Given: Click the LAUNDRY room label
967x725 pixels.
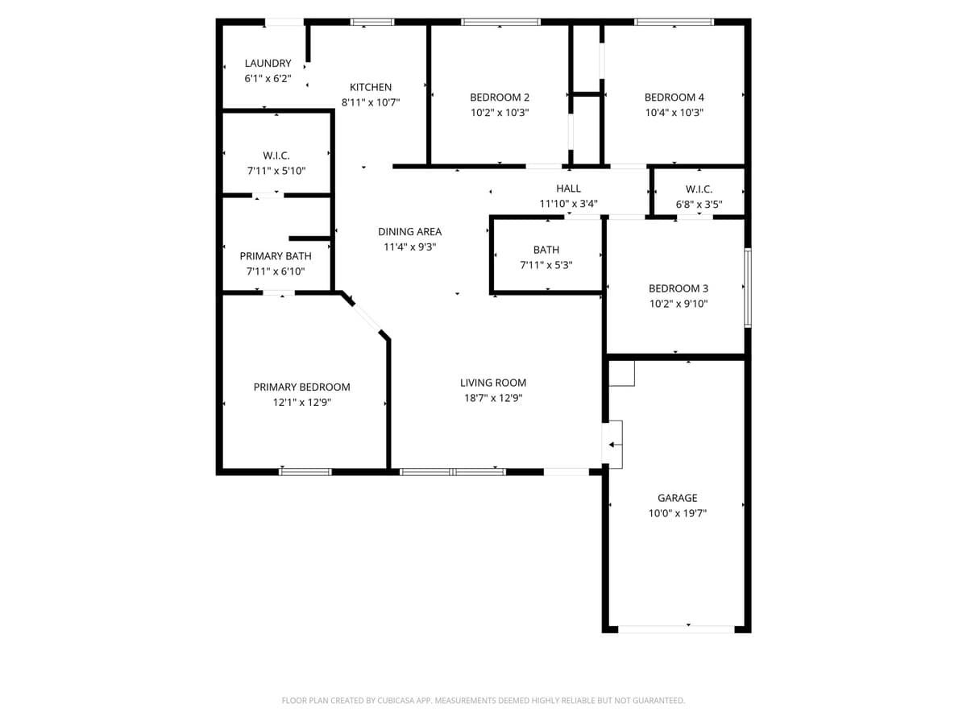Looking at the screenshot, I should pyautogui.click(x=268, y=64).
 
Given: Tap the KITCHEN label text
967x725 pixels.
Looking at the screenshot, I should pyautogui.click(x=371, y=87).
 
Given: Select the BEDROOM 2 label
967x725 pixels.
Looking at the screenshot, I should pyautogui.click(x=500, y=97).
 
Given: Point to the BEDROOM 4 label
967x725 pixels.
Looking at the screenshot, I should pyautogui.click(x=674, y=97).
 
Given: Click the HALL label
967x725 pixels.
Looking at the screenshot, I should pyautogui.click(x=568, y=188).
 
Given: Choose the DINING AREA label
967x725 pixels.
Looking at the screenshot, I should pyautogui.click(x=409, y=232).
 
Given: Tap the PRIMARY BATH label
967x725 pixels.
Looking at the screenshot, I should pyautogui.click(x=276, y=256).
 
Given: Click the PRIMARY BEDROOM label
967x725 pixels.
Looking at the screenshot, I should pyautogui.click(x=301, y=387).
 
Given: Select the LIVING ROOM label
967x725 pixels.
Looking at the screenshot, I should pyautogui.click(x=493, y=383).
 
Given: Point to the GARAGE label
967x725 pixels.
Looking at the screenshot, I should pyautogui.click(x=677, y=498).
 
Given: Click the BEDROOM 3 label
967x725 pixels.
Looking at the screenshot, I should pyautogui.click(x=678, y=288).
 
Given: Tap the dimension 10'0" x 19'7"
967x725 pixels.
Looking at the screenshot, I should pyautogui.click(x=677, y=513).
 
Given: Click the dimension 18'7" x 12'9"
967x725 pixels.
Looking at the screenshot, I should pyautogui.click(x=493, y=398).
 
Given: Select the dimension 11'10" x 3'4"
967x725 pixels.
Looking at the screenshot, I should pyautogui.click(x=568, y=204).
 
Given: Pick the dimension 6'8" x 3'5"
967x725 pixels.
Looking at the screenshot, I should pyautogui.click(x=699, y=204).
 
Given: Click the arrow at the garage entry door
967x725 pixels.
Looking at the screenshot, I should pyautogui.click(x=615, y=444).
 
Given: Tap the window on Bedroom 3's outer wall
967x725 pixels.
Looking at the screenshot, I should pyautogui.click(x=748, y=288).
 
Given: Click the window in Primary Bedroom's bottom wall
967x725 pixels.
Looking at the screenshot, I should pyautogui.click(x=305, y=471).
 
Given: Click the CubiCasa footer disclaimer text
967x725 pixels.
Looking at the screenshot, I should pyautogui.click(x=483, y=701).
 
